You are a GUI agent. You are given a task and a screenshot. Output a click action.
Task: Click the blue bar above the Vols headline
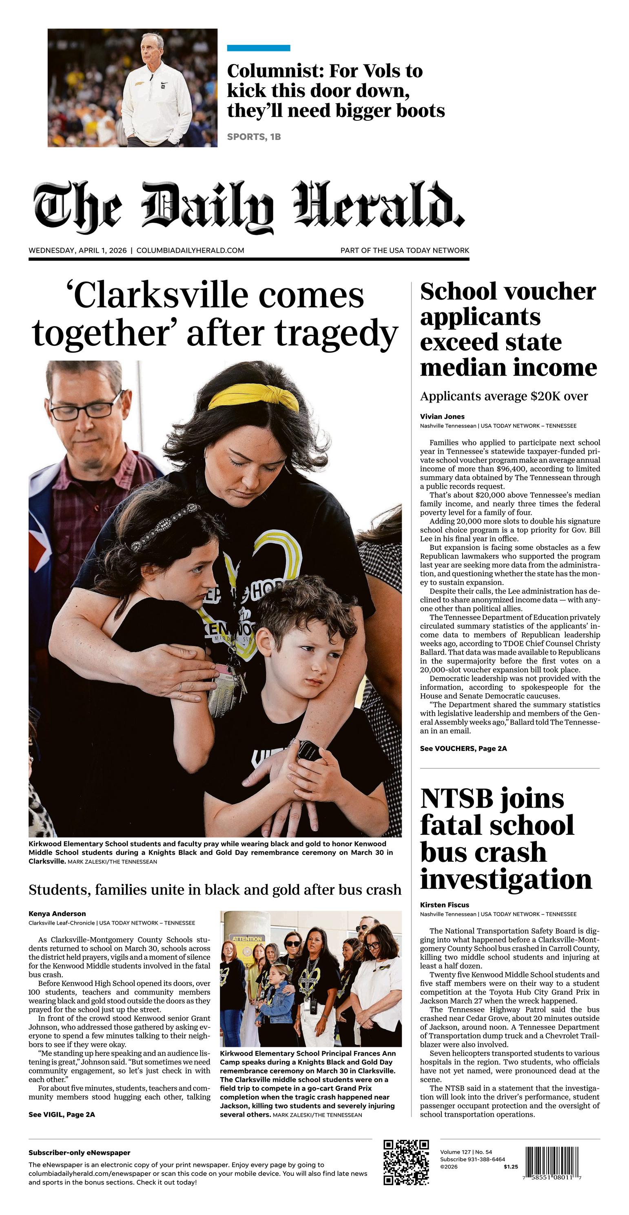(258, 48)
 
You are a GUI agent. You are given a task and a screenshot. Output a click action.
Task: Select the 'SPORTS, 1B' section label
(254, 137)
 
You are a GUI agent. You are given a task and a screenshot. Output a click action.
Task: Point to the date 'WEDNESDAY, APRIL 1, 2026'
(78, 250)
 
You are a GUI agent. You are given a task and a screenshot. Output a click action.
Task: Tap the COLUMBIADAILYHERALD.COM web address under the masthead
(190, 250)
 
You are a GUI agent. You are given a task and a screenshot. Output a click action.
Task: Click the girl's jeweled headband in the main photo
(165, 527)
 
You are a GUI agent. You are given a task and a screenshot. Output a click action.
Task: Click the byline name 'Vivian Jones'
(442, 416)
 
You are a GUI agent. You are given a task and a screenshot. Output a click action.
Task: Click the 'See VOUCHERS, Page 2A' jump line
(463, 748)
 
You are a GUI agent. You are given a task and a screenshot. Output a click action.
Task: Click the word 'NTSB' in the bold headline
(457, 799)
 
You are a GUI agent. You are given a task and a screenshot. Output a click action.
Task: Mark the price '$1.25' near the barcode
(511, 1167)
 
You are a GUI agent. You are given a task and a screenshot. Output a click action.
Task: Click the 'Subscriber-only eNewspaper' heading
(79, 1153)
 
